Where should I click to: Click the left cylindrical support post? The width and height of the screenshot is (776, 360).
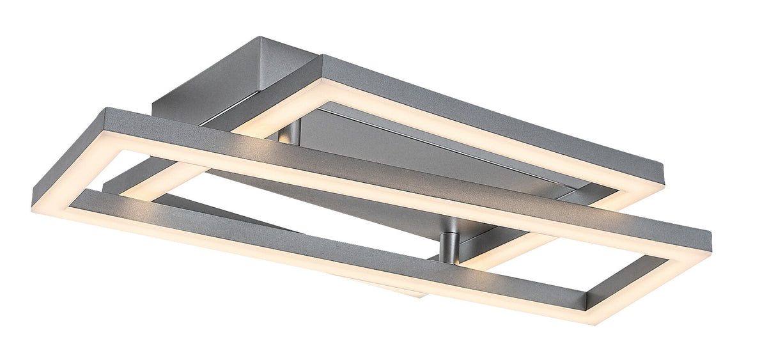292,132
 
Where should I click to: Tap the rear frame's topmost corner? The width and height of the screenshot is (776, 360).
323,56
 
